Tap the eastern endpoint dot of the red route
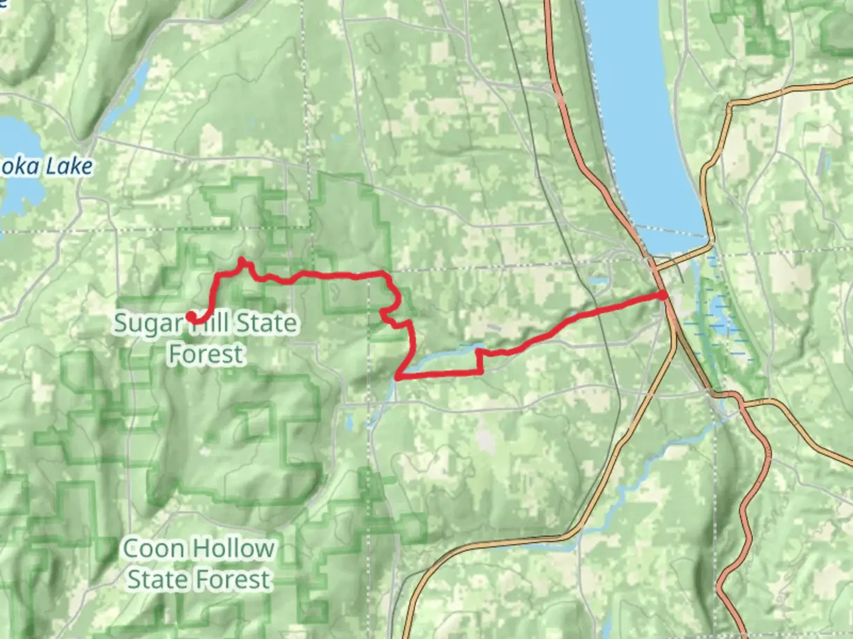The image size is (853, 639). [x=663, y=295]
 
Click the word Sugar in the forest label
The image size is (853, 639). [x=140, y=324]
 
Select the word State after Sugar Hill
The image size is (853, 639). [x=267, y=323]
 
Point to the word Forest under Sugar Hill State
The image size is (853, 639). [x=206, y=354]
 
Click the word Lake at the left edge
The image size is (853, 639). [x=69, y=167]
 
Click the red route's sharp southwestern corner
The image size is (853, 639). [x=398, y=376]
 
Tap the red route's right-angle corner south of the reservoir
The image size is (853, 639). [x=479, y=372]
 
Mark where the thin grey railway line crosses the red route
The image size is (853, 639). [x=597, y=310]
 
